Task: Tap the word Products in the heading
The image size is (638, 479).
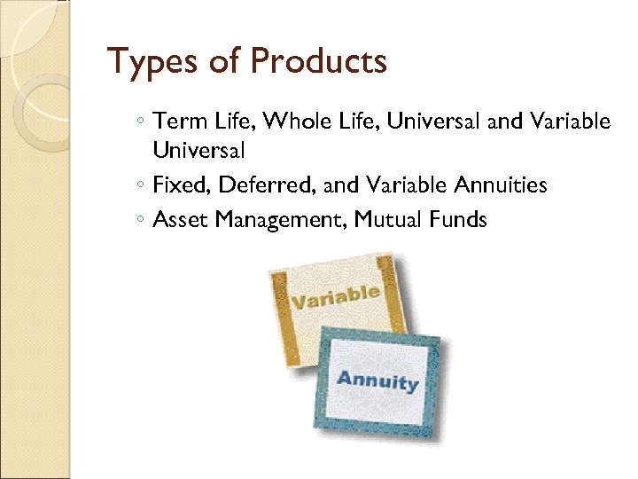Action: click(x=319, y=61)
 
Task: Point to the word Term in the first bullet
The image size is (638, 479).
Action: click(x=174, y=121)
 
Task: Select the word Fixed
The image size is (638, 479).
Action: click(x=177, y=185)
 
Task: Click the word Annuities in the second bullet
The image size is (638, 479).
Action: click(x=501, y=185)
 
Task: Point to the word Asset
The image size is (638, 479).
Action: click(x=177, y=219)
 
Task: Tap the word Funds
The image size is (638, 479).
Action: click(x=456, y=219)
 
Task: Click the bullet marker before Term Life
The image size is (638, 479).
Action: click(x=142, y=122)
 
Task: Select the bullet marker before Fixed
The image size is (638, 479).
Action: click(x=142, y=186)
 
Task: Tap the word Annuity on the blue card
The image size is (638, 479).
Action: click(x=377, y=381)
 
